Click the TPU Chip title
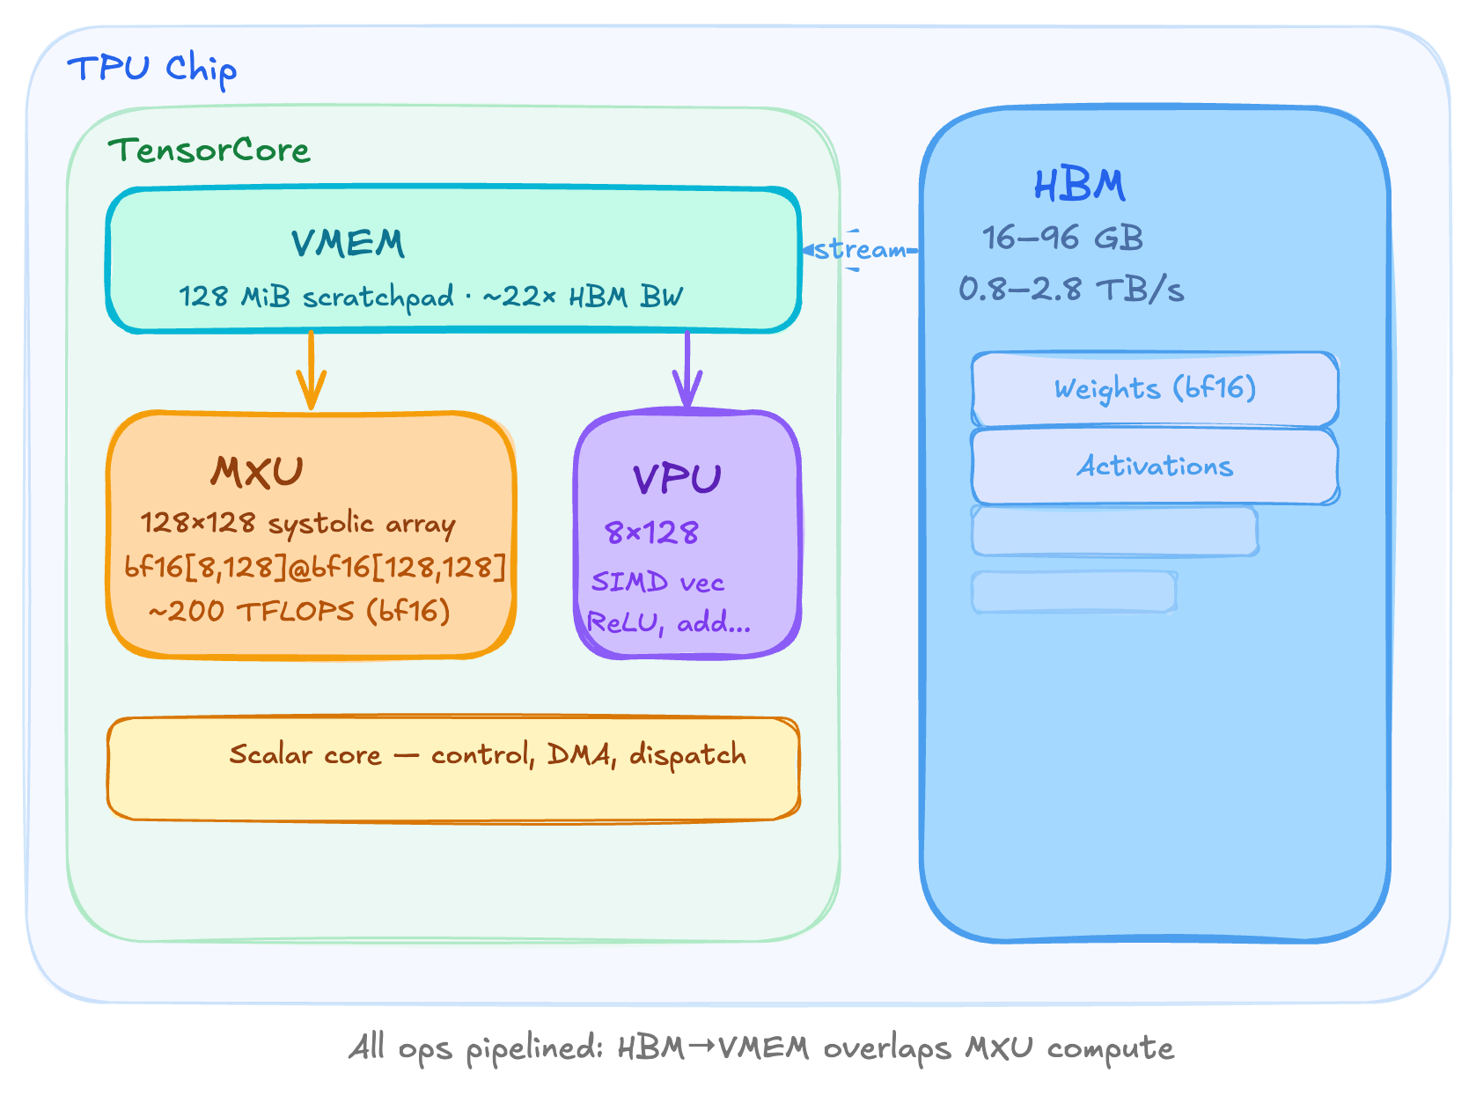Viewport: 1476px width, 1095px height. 151,69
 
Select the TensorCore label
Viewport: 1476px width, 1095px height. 209,151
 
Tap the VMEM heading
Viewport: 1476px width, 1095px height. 348,244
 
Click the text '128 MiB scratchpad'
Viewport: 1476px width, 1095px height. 317,297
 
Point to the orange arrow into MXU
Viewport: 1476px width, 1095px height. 311,371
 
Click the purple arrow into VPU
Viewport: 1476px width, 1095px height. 687,371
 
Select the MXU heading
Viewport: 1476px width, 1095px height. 256,473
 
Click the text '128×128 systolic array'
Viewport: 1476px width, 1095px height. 297,524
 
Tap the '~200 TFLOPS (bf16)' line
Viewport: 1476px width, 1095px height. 299,611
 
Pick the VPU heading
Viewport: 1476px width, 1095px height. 677,480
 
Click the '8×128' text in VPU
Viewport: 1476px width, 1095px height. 651,533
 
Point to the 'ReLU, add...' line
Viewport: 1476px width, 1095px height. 669,623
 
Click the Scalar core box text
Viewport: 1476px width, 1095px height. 488,755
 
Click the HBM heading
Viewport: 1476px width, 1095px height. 1079,186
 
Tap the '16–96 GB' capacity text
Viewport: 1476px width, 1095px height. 1062,238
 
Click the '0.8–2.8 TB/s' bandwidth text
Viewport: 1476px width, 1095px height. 1071,290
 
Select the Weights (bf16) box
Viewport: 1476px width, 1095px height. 1155,389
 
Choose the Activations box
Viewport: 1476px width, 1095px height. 1155,467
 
